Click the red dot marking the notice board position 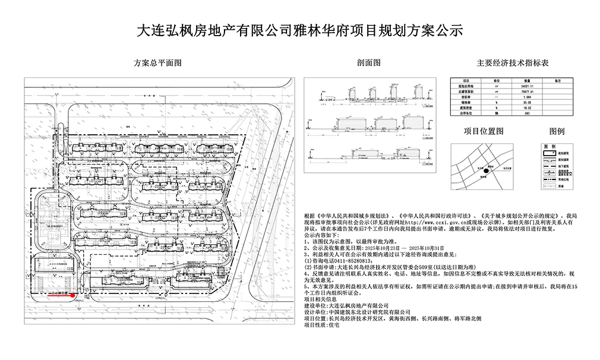click(72, 294)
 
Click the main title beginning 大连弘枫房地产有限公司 click(299, 31)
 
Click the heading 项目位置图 click(484, 131)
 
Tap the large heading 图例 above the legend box click(557, 131)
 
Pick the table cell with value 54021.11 click(526, 86)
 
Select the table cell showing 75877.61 click(526, 92)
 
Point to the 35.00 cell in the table click(526, 102)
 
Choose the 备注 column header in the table click(557, 80)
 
